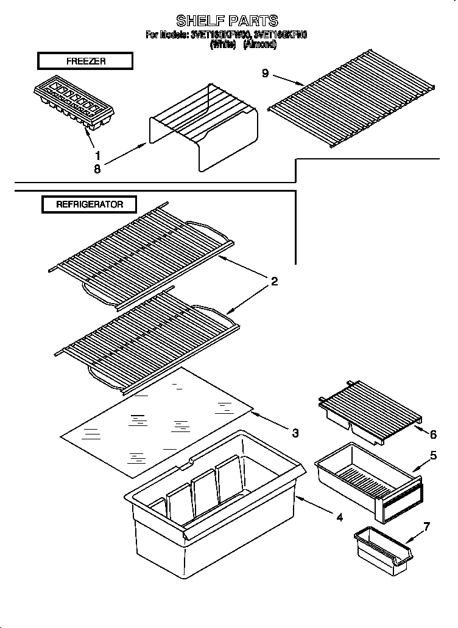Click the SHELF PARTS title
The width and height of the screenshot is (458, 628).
(x=227, y=21)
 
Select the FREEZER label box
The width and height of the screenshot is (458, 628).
(x=85, y=61)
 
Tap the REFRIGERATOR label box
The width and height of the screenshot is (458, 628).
(x=90, y=204)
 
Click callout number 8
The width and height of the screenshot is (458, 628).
(x=97, y=169)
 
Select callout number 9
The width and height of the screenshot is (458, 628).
(x=265, y=73)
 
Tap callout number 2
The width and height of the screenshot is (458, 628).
(x=274, y=281)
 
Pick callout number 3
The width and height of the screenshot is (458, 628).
(x=295, y=433)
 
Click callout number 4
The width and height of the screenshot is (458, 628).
(x=339, y=517)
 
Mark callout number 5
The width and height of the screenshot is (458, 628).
(x=434, y=455)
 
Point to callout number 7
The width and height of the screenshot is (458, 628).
(x=427, y=526)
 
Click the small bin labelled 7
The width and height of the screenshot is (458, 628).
(x=384, y=549)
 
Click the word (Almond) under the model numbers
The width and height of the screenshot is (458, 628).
(x=260, y=44)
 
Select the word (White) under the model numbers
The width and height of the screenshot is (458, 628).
(x=222, y=44)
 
